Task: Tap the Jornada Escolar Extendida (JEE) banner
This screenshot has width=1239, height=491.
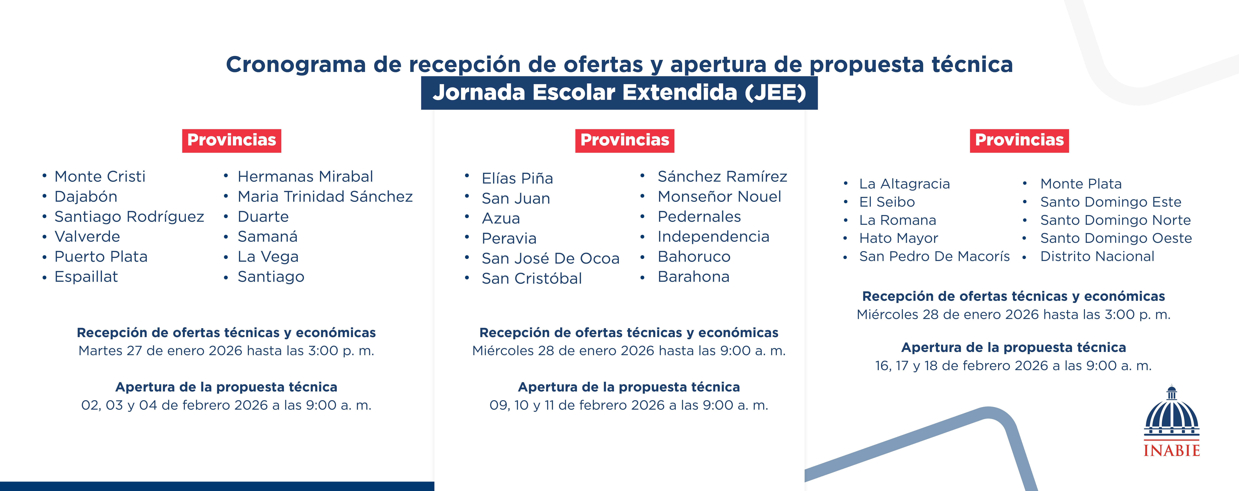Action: [619, 92]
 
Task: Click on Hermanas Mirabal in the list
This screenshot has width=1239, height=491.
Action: [305, 177]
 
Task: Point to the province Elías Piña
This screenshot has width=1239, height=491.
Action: [517, 178]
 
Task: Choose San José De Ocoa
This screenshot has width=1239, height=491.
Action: [551, 259]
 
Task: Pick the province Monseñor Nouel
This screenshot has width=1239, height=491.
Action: [720, 196]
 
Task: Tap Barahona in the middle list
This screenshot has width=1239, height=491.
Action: [694, 277]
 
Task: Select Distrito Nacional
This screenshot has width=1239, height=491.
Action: [1097, 257]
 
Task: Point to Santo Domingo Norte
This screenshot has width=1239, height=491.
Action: [1115, 220]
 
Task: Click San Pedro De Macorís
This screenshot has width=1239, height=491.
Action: [935, 257]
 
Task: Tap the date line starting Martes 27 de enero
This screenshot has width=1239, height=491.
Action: [226, 350]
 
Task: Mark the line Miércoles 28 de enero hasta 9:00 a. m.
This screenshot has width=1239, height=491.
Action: [629, 350]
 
